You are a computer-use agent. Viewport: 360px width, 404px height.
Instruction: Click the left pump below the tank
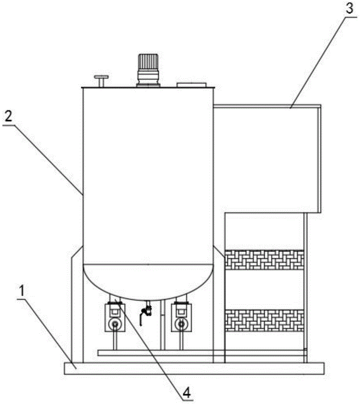115,317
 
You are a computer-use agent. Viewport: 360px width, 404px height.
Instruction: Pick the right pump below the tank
180,317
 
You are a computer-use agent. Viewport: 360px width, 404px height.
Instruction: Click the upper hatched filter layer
265,260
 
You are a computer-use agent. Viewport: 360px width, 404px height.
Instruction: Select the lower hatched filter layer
265,320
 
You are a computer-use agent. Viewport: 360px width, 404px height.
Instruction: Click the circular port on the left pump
116,324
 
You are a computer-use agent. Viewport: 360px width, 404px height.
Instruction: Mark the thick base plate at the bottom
194,368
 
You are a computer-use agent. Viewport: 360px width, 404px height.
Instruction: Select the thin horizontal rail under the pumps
161,353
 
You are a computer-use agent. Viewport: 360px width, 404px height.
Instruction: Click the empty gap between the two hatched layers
265,290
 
